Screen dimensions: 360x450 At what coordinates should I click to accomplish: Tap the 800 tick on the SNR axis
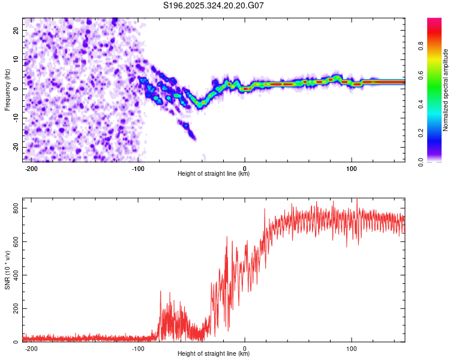[14, 208]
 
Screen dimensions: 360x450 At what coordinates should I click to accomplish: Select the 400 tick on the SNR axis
[14, 275]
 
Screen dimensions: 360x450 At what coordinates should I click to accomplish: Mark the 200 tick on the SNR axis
[14, 308]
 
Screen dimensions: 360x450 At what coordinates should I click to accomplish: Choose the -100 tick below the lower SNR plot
[138, 348]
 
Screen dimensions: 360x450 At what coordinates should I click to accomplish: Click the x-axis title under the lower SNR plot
[214, 354]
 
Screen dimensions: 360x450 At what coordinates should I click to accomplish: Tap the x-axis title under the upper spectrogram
[214, 174]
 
